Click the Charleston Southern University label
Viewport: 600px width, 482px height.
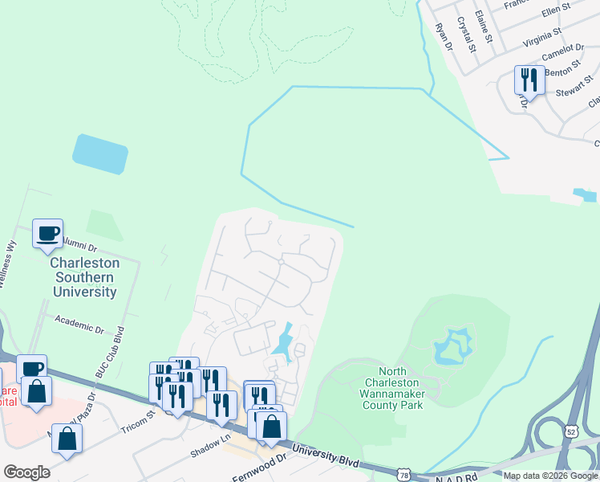(84, 277)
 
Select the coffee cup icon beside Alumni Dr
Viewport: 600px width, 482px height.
(47, 233)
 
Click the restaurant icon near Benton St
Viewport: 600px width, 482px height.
(529, 80)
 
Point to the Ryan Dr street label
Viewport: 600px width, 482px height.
(444, 36)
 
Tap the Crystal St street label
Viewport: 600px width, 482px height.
(467, 35)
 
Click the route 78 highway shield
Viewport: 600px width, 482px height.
(403, 476)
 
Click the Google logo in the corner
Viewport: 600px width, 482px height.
(26, 472)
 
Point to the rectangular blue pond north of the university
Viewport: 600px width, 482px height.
(100, 153)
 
